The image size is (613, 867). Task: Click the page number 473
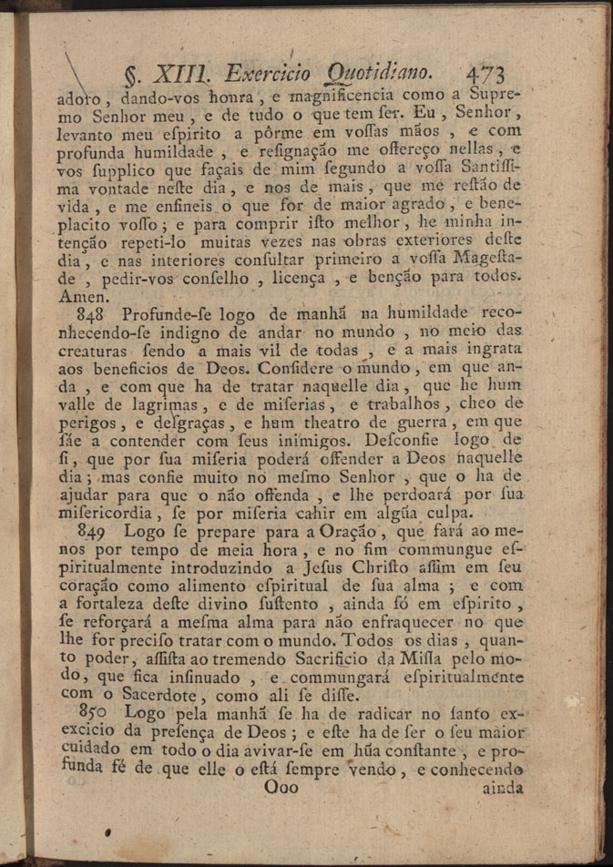point(485,74)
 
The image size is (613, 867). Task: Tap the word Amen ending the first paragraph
point(81,296)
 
